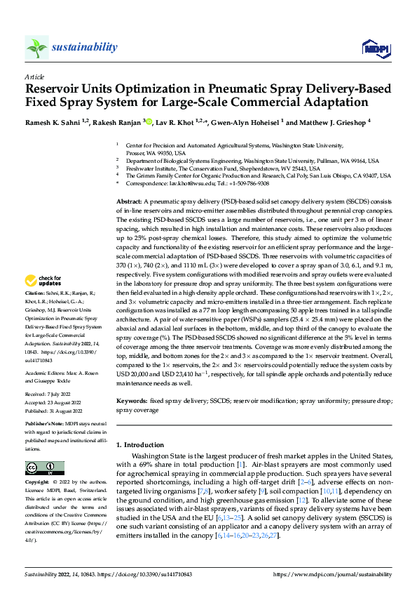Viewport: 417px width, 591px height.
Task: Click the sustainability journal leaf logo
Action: pos(37,48)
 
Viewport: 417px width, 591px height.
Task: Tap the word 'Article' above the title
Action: pos(34,77)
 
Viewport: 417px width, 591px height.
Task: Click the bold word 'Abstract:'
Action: pos(130,201)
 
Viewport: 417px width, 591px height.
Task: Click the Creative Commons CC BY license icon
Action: pos(44,467)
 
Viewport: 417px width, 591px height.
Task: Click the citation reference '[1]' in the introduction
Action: pos(240,465)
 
